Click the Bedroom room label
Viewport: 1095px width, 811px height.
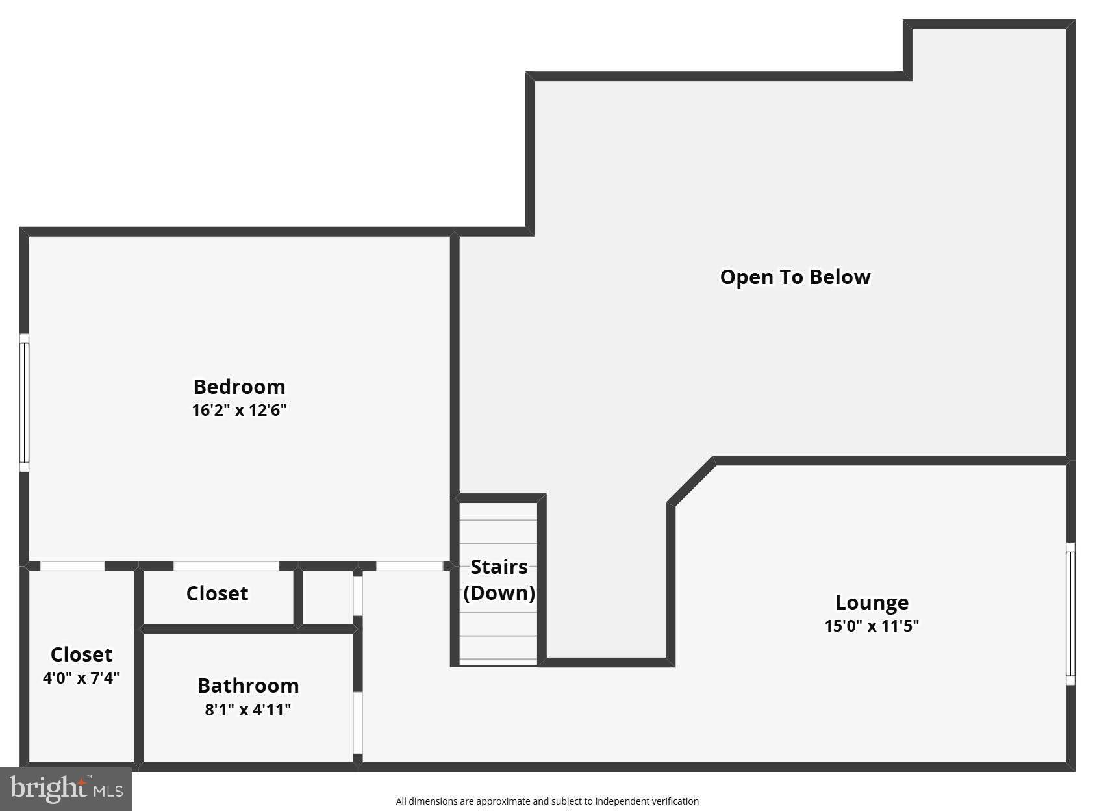pos(239,387)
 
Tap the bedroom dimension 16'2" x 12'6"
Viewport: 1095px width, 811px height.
pos(239,411)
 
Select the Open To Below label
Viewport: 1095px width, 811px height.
pos(795,277)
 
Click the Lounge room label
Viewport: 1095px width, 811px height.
pos(872,602)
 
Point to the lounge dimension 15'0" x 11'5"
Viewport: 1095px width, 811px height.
pos(872,626)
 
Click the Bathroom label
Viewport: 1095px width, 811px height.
pos(248,686)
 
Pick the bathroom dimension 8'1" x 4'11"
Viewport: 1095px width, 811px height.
pos(248,710)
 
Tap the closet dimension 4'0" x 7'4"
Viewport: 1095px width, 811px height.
pos(81,678)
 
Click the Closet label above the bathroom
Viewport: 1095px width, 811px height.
pos(217,593)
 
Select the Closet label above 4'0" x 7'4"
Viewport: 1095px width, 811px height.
pos(81,654)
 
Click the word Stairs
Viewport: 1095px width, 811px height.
pos(499,567)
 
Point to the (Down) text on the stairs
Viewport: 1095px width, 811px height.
pos(499,593)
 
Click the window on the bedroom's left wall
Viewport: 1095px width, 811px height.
pos(24,402)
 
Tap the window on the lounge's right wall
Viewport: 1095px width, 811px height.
pos(1070,613)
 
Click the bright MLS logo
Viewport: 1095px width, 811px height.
pos(66,789)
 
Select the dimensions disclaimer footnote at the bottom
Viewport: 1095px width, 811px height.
pos(547,801)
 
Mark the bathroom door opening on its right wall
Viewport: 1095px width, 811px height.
pos(357,723)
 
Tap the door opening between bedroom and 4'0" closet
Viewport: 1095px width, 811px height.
pos(72,566)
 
